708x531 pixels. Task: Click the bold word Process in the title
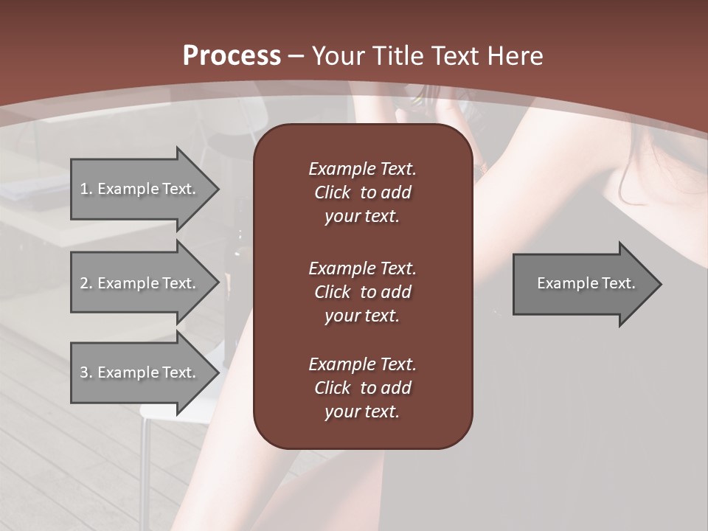click(232, 56)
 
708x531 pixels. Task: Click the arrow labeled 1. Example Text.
click(140, 189)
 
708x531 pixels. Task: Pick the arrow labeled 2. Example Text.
click(140, 283)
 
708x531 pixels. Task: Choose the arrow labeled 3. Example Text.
click(140, 372)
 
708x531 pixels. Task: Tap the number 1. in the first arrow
click(86, 189)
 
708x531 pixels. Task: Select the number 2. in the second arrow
click(86, 283)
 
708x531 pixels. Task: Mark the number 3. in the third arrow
click(86, 372)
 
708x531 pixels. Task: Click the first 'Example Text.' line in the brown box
click(362, 169)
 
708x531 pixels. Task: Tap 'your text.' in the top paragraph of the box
click(362, 217)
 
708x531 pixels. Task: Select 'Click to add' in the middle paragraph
click(362, 292)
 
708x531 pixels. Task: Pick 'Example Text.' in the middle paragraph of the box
click(362, 268)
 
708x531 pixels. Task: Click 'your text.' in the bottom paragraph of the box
click(362, 412)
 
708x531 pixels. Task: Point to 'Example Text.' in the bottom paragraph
click(362, 364)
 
